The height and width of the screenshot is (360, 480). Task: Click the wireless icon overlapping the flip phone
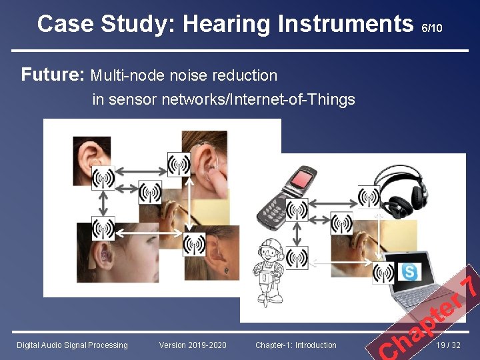[297, 210]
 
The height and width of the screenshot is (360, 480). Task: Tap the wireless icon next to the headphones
[369, 197]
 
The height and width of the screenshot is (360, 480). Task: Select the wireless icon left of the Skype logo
[383, 272]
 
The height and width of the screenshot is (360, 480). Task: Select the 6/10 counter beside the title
[432, 28]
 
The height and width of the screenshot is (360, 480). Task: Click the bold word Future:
[52, 75]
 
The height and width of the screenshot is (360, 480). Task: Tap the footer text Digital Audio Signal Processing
[72, 345]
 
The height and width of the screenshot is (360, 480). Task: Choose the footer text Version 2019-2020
[193, 345]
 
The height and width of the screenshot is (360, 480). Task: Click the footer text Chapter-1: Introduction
[296, 345]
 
